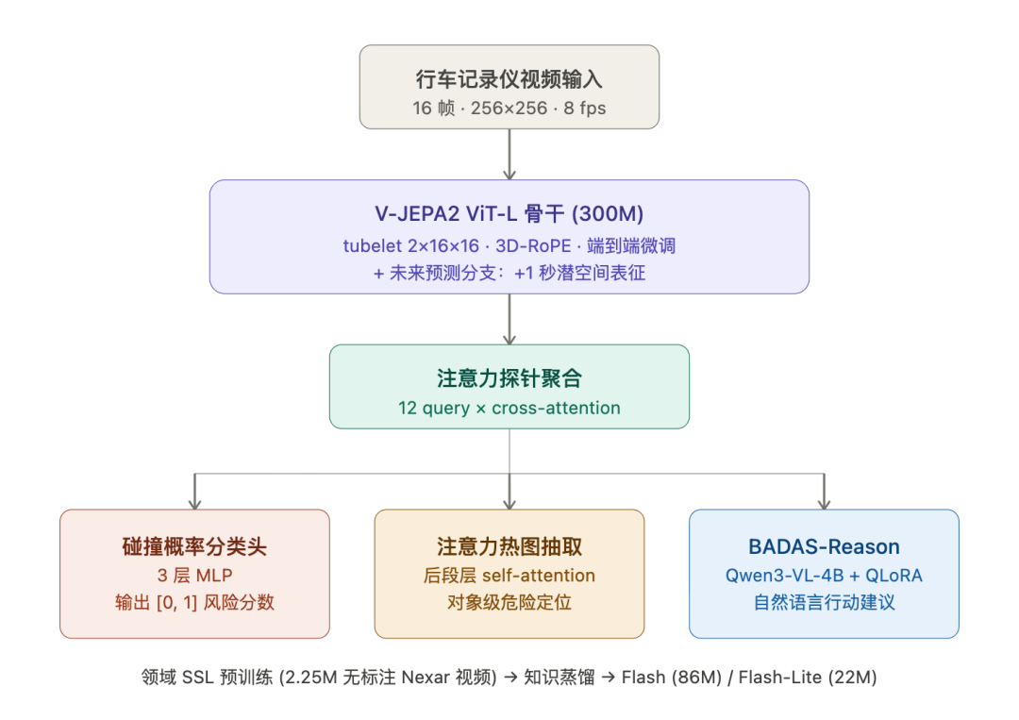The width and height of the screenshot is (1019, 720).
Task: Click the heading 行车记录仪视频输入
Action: click(509, 79)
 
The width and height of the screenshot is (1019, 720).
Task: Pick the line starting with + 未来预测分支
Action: click(509, 274)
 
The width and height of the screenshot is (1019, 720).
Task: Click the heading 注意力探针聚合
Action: click(509, 378)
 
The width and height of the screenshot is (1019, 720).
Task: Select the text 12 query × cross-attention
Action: click(509, 409)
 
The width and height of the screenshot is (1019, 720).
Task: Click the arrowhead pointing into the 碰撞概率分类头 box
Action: click(195, 501)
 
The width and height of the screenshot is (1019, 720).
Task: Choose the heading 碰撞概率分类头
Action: click(194, 546)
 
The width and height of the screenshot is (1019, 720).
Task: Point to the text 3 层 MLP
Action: click(194, 576)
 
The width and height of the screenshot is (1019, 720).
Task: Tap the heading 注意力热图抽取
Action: click(509, 546)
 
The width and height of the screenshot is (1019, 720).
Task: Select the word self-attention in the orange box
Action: click(539, 576)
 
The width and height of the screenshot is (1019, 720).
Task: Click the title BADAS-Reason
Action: click(824, 546)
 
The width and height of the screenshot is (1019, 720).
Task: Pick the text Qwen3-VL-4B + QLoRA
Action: click(824, 576)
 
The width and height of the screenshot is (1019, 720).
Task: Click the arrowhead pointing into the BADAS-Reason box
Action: click(824, 501)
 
